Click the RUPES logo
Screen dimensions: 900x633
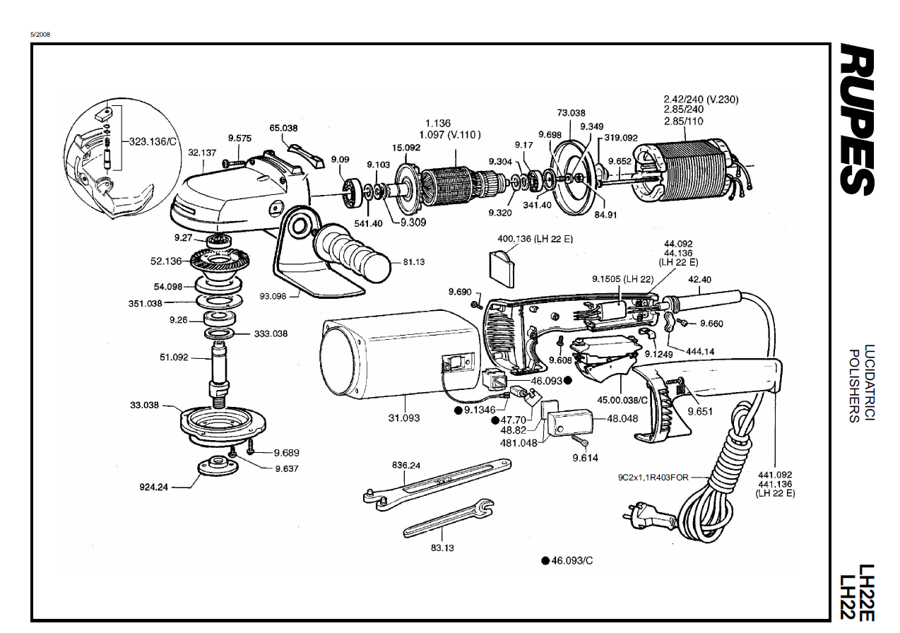tap(856, 119)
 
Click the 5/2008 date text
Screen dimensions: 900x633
tap(40, 35)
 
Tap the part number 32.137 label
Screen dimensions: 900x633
tap(202, 153)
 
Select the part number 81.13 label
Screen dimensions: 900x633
tap(414, 262)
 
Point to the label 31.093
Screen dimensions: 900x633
tap(404, 418)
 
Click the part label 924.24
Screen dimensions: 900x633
tap(153, 487)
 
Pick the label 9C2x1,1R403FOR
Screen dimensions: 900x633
tap(653, 478)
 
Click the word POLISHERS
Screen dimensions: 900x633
tap(854, 386)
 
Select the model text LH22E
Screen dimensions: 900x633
tap(867, 593)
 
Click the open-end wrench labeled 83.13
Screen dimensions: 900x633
tap(449, 518)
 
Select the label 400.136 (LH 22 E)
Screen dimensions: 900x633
tap(535, 239)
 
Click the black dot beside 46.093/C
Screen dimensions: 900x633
tap(545, 561)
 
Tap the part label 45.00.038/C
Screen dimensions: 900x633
tap(622, 400)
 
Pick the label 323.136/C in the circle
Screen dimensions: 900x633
tap(153, 141)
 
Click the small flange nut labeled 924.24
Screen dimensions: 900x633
tap(218, 466)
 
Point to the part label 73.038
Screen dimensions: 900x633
tap(571, 113)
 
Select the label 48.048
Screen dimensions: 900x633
tap(622, 418)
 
